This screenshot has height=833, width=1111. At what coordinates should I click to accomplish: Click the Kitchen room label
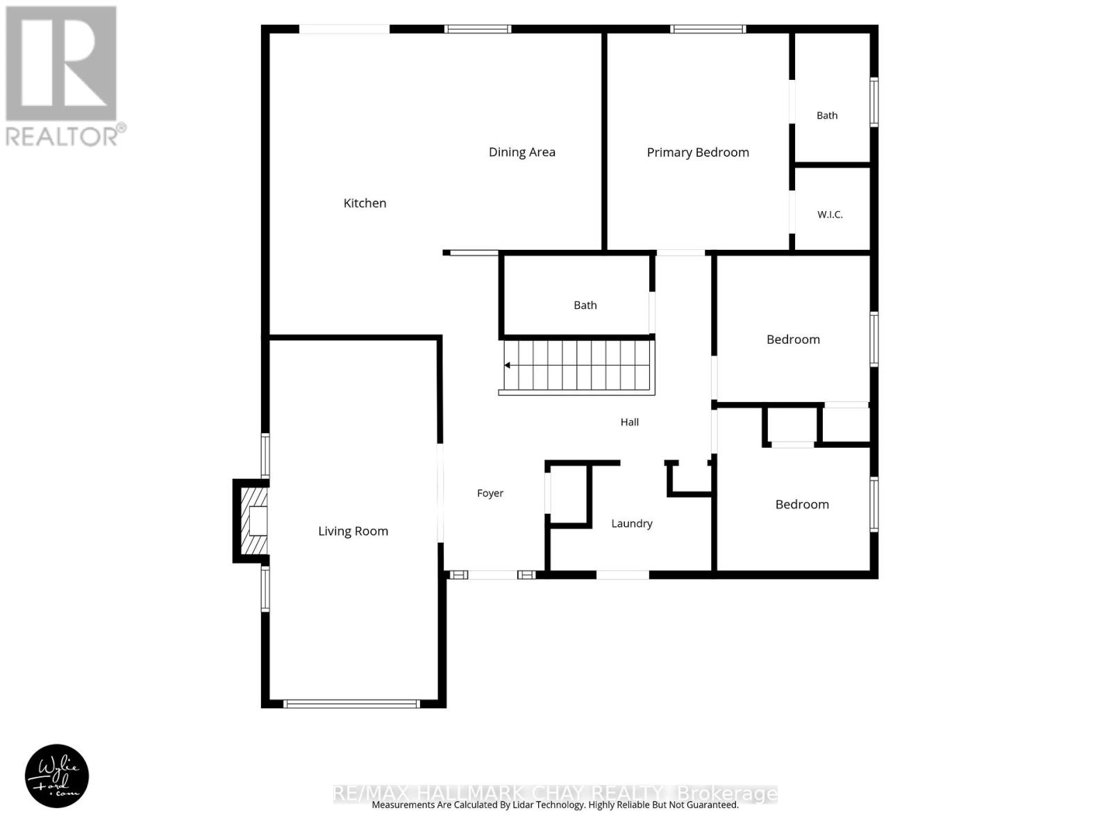(365, 203)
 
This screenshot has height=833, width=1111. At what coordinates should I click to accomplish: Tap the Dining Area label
(522, 152)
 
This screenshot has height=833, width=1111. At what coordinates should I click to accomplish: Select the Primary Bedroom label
(697, 152)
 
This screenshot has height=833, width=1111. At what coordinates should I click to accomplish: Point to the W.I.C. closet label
(830, 214)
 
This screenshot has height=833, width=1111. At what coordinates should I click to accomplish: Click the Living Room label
(353, 531)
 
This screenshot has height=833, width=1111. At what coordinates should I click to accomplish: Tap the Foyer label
(490, 493)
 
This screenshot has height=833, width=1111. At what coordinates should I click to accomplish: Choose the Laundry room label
(632, 523)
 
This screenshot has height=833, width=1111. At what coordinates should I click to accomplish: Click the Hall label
(630, 422)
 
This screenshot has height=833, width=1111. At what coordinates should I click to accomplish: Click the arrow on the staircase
(507, 365)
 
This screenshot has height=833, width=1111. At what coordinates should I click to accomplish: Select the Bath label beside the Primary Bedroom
(827, 115)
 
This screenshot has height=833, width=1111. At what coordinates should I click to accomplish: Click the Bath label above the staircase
(585, 305)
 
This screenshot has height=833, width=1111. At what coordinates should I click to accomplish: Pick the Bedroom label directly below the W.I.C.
(793, 339)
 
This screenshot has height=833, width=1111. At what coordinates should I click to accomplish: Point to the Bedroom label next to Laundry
(802, 504)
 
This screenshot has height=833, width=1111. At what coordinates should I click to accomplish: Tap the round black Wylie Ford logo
(57, 776)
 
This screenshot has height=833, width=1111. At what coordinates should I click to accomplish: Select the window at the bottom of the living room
(351, 703)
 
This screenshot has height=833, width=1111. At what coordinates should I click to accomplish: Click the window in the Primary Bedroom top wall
(708, 29)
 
